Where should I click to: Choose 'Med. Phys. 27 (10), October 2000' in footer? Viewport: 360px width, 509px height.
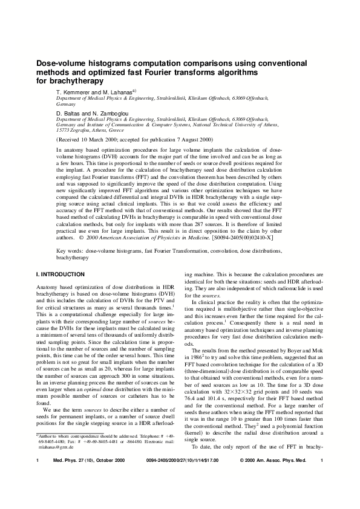click(83, 477)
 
